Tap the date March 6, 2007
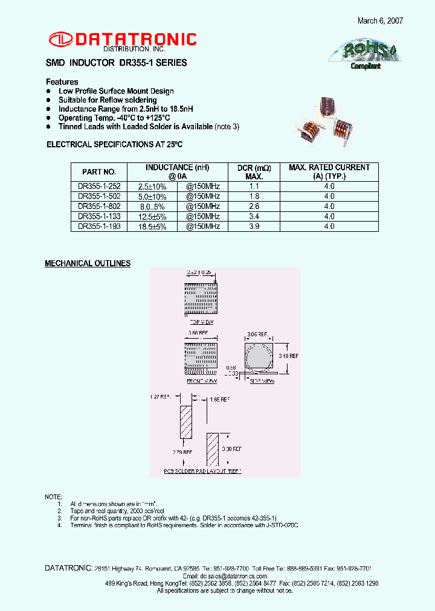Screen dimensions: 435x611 click(x=380, y=21)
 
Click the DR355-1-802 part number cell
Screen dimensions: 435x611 click(x=95, y=206)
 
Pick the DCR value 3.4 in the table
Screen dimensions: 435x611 click(x=254, y=216)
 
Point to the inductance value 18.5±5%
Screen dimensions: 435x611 click(x=152, y=226)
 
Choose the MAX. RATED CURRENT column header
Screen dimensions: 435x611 click(x=329, y=171)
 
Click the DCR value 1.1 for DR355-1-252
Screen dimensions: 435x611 click(x=254, y=187)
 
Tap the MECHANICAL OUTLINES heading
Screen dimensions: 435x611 click(x=88, y=264)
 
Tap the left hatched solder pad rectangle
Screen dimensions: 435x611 click(x=186, y=423)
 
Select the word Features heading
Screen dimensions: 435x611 click(x=62, y=82)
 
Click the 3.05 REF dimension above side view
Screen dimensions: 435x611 click(x=258, y=334)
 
